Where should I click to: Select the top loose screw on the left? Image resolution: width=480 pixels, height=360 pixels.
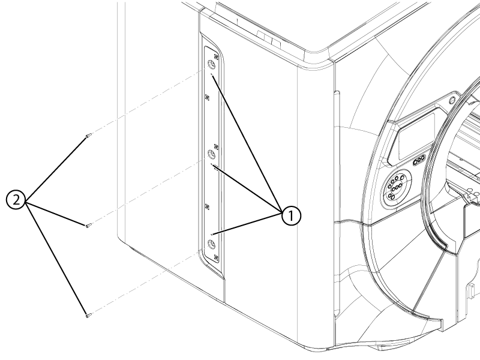88,136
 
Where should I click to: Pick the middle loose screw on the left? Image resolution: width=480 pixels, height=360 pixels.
88,225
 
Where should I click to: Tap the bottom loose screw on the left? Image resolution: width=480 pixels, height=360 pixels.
88,313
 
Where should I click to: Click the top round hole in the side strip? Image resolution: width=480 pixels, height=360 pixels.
211,65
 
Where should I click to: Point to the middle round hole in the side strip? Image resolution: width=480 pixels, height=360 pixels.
211,155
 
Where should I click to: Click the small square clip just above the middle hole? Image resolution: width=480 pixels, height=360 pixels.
216,146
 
